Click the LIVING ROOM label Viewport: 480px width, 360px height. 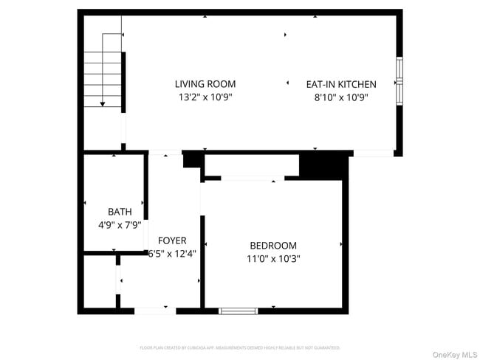pos(205,84)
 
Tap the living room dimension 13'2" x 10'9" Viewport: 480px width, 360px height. pos(205,97)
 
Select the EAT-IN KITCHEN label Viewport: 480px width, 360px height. pos(341,84)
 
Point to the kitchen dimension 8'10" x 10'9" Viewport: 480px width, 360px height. pos(341,97)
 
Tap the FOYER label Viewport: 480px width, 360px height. pos(172,240)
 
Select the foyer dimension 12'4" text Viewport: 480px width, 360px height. pos(182,255)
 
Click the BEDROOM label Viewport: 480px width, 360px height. pos(273,246)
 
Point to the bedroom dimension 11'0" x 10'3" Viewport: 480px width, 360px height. pos(273,259)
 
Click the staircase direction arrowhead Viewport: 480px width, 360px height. pos(103,103)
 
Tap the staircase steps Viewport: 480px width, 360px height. pos(102,74)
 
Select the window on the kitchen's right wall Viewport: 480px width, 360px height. pos(399,80)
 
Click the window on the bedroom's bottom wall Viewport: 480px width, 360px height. pos(239,311)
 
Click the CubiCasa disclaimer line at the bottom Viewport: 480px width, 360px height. pos(240,347)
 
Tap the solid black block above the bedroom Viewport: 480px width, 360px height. pos(323,166)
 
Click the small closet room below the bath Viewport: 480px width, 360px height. pos(99,281)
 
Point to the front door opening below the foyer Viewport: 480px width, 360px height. pos(155,311)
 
